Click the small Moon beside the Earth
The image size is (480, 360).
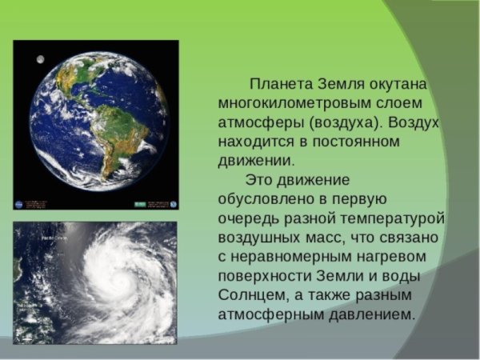(38, 58)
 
